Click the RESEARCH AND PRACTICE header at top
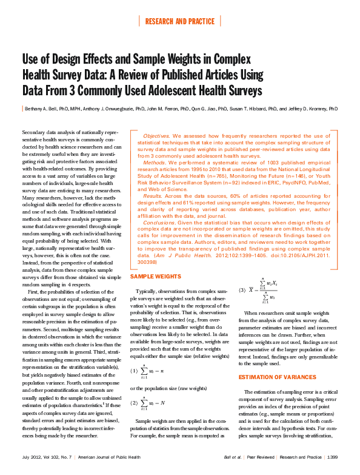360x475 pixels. pyautogui.click(x=180, y=22)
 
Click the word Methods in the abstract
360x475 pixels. pyautogui.click(x=152, y=162)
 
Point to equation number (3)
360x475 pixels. pyautogui.click(x=242, y=289)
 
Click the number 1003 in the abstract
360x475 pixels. pyautogui.click(x=254, y=162)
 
